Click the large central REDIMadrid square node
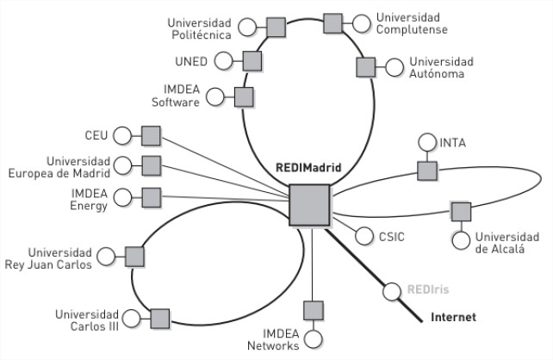(x=310, y=207)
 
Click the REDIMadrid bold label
(x=308, y=168)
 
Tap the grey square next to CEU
(x=152, y=135)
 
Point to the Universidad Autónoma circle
(x=395, y=67)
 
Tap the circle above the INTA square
(x=426, y=142)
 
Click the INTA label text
(x=453, y=142)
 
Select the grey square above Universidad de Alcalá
(x=461, y=211)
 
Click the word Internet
(x=452, y=318)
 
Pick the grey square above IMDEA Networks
(x=314, y=309)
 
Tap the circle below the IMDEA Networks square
(x=314, y=338)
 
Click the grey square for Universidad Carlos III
(x=160, y=319)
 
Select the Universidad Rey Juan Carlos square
(x=134, y=256)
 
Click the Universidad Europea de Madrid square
(x=152, y=165)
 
